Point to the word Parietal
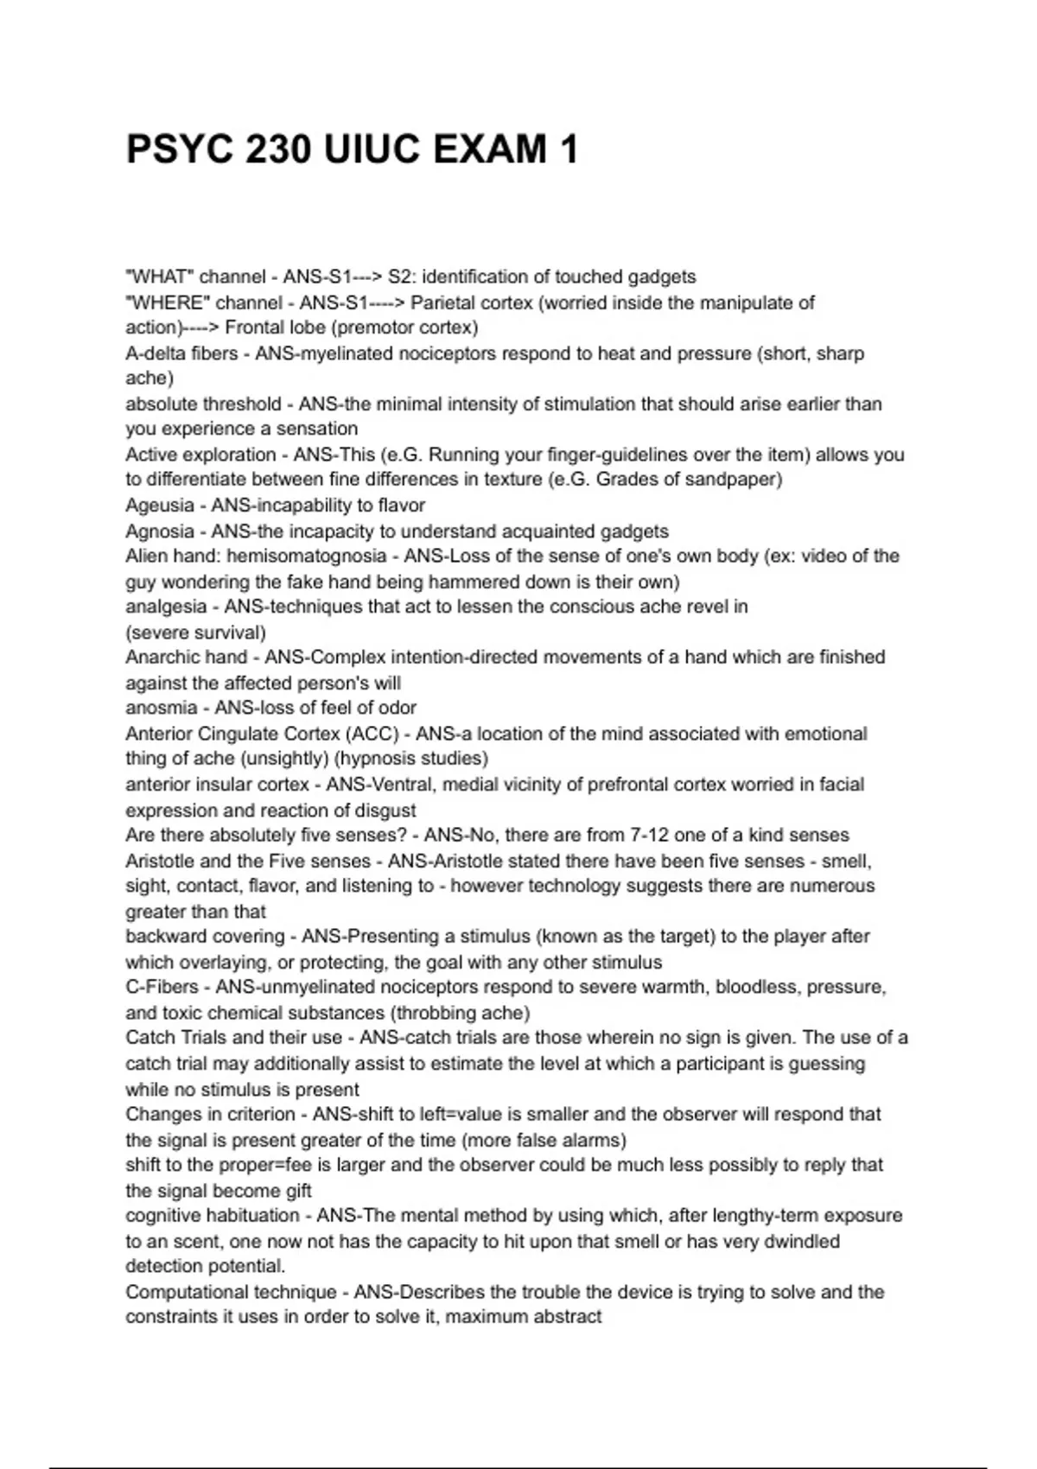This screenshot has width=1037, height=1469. (x=443, y=302)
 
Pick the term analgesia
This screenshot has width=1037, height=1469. (x=166, y=607)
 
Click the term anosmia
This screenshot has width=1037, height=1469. (x=162, y=708)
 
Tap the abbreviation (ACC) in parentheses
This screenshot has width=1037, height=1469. (x=373, y=734)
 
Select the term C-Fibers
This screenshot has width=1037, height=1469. (x=162, y=987)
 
